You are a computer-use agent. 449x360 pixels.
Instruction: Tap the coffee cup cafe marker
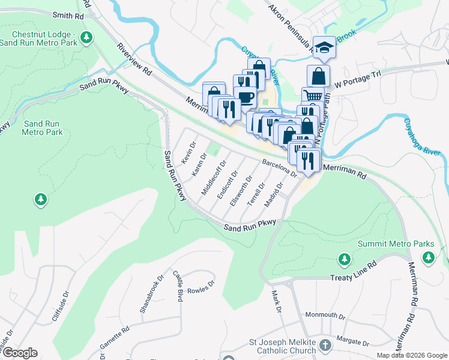click(245, 97)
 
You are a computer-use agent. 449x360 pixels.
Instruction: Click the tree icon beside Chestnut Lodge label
click(87, 38)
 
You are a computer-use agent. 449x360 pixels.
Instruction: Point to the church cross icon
click(325, 345)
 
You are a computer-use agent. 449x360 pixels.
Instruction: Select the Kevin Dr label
click(190, 152)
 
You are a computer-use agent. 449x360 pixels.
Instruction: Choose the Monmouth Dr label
click(325, 315)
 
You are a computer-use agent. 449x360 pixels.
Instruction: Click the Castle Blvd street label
click(178, 286)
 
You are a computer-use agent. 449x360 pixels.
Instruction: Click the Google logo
click(19, 353)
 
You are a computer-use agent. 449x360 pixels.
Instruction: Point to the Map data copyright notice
click(412, 355)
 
